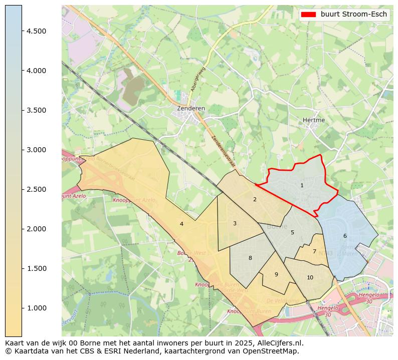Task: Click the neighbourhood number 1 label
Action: [302, 186]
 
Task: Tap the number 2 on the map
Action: [255, 200]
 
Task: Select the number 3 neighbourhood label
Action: [235, 224]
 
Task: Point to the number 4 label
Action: [181, 224]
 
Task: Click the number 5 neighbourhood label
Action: [292, 233]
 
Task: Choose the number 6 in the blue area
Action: [345, 236]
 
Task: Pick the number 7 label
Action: [314, 252]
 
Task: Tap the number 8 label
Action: [250, 258]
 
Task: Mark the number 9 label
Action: [276, 275]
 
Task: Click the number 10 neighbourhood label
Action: [310, 278]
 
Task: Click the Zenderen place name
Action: [191, 108]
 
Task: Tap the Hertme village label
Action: [314, 120]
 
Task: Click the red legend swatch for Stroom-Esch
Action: [308, 15]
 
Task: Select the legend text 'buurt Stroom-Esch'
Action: [354, 15]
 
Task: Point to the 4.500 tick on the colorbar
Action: [37, 31]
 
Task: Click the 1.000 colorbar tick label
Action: [37, 308]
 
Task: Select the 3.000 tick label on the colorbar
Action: [37, 150]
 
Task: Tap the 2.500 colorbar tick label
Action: [37, 189]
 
